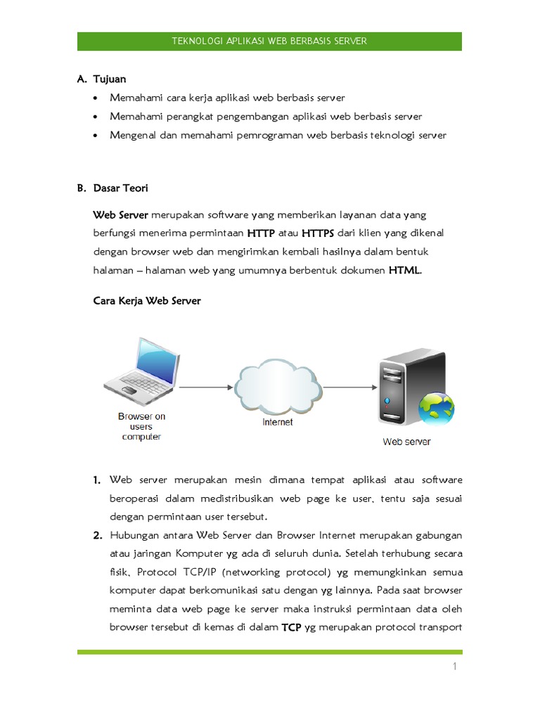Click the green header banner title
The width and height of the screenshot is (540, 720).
tap(269, 41)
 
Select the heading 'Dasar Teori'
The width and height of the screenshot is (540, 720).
tap(120, 188)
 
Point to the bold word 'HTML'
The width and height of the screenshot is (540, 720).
tap(405, 270)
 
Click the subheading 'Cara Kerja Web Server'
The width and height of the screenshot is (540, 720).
tap(147, 301)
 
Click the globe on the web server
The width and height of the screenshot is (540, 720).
tap(436, 409)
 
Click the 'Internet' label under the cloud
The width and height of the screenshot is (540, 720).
tap(278, 423)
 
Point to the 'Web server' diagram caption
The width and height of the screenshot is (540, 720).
tap(406, 442)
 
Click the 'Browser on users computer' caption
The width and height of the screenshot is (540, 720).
tap(141, 426)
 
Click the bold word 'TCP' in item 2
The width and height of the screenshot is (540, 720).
tap(292, 627)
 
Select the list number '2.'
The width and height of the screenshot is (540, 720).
tap(98, 536)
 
